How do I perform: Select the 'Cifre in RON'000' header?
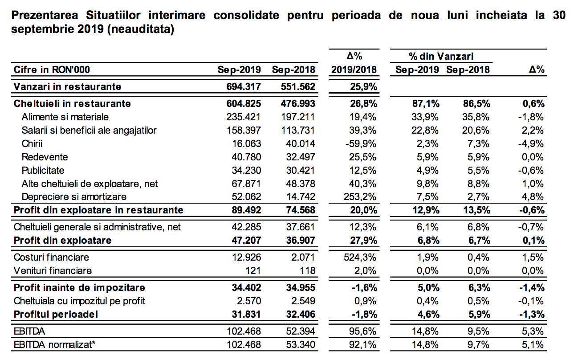(x=52, y=70)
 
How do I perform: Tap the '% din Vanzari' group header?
(x=441, y=56)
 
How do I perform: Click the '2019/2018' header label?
(x=354, y=70)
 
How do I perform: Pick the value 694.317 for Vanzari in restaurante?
(x=244, y=86)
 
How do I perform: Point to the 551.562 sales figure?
(x=298, y=86)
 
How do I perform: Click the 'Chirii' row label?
(x=32, y=143)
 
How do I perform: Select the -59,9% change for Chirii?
(x=361, y=143)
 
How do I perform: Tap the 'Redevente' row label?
(x=45, y=157)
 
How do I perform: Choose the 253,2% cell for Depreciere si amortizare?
(x=360, y=197)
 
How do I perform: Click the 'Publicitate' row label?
(x=43, y=171)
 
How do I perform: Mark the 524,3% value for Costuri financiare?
(x=360, y=257)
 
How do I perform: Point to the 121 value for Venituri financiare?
(x=253, y=270)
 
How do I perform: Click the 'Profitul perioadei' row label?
(x=56, y=314)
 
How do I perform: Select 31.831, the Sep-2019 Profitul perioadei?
(x=246, y=314)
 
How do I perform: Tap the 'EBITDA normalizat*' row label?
(x=54, y=345)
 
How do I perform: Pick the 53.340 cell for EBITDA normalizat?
(x=301, y=345)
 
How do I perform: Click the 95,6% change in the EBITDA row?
(x=362, y=331)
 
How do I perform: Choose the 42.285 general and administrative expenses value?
(x=246, y=227)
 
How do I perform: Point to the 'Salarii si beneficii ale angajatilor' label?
(x=89, y=131)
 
